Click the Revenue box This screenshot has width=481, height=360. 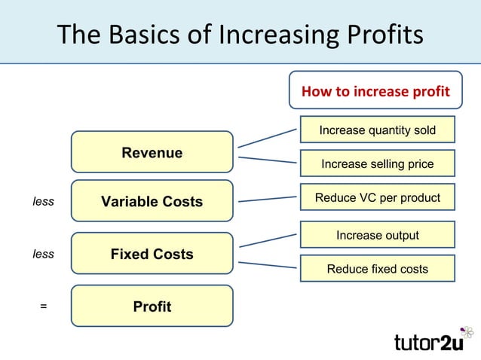coord(152,153)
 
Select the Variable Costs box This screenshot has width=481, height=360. coord(152,201)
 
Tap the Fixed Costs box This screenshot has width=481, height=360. coord(152,254)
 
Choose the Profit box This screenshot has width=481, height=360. coord(152,307)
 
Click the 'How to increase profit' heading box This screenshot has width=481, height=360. coord(375,92)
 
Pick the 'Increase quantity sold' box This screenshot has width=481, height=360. coord(377,130)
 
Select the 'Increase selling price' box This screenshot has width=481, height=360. coord(377,163)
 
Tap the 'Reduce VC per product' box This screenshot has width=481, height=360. coord(377,197)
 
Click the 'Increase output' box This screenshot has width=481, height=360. coord(377,235)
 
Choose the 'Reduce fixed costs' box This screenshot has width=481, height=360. coord(377,268)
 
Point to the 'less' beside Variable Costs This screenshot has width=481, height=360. coord(43,202)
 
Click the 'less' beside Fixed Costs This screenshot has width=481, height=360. coord(43,255)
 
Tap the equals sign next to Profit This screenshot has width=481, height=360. coord(43,307)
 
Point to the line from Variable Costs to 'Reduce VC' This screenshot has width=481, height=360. coord(268,200)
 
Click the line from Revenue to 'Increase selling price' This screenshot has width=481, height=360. coord(268,160)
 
